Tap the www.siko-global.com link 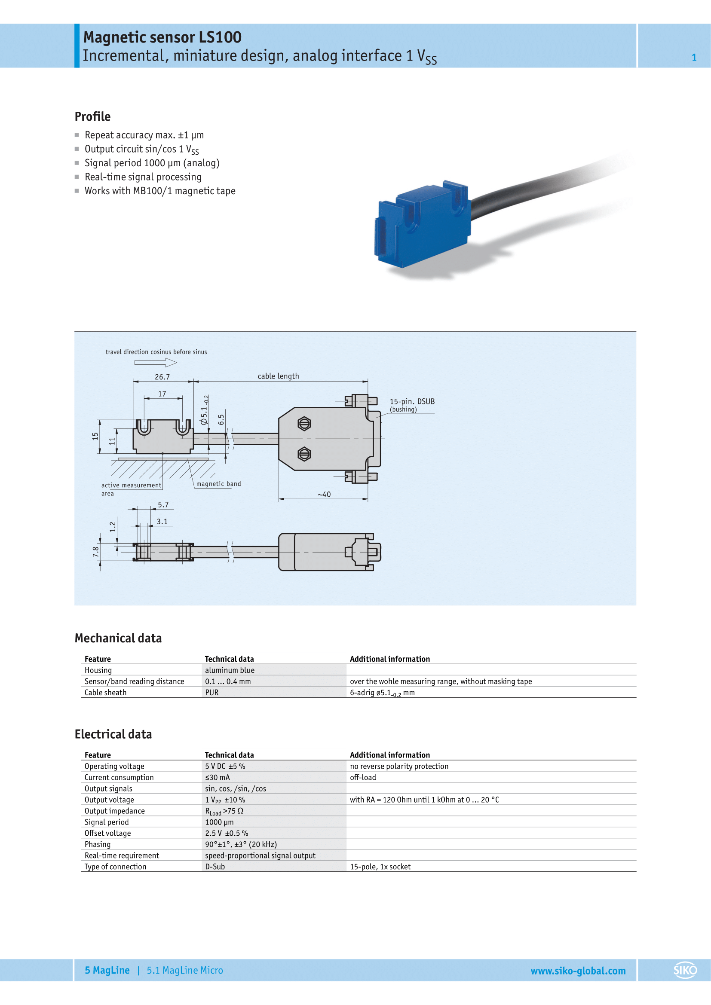coord(578,971)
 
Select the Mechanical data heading coord(118,638)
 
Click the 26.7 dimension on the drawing coord(162,377)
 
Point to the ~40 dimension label coord(324,495)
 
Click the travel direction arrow coord(156,363)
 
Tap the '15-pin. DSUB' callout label coord(412,401)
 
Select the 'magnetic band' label coord(218,484)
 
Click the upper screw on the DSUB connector coord(304,423)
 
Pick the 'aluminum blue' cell coord(230,670)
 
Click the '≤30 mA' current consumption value coord(218,777)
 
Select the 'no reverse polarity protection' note coord(399,766)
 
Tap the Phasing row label coord(98,844)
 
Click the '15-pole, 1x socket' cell coord(380,867)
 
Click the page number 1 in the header coord(694,57)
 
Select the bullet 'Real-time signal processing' coord(143,177)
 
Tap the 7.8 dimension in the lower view coord(95,552)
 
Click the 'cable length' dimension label coord(278,376)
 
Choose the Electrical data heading coord(113,734)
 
